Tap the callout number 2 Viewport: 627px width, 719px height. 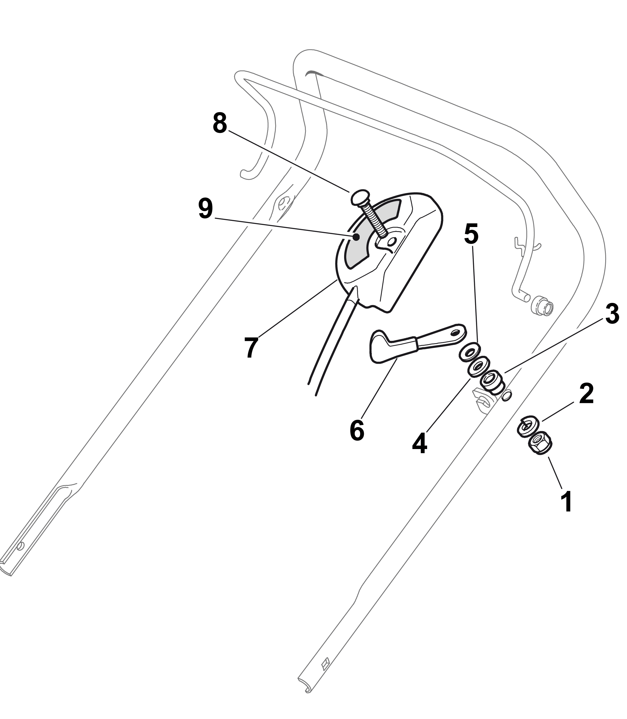(x=586, y=393)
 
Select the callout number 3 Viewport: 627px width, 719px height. (x=612, y=313)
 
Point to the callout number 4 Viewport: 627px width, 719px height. (x=420, y=443)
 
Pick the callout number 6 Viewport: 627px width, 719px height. (x=357, y=430)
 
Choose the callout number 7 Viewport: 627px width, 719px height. (x=251, y=348)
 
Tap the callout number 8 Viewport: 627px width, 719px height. (x=220, y=123)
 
